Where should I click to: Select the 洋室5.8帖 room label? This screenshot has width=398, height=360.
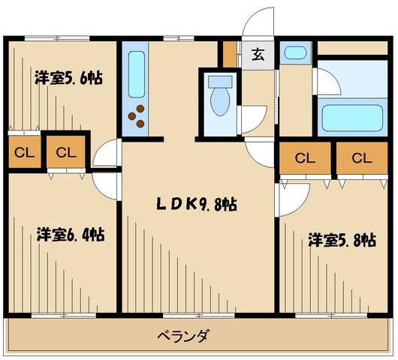[x=342, y=240]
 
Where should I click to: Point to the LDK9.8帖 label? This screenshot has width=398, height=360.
[x=197, y=203]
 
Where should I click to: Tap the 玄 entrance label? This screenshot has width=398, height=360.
[x=258, y=54]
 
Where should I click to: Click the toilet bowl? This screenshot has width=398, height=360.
[x=221, y=104]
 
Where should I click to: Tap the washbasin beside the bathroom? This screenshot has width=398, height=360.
[x=294, y=53]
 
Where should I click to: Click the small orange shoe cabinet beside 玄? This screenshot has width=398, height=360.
[x=230, y=54]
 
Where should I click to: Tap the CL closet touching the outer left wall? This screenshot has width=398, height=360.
[x=23, y=153]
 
